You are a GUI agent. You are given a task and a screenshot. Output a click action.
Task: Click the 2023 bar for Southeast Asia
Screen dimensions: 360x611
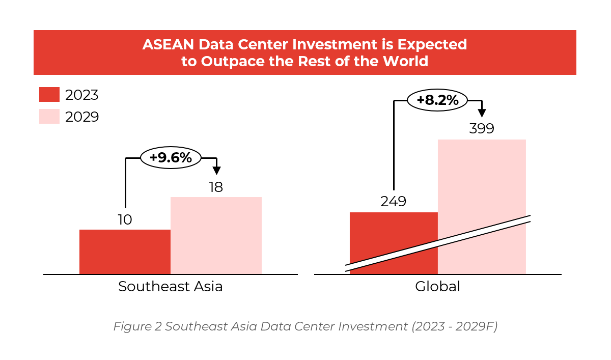tap(125, 252)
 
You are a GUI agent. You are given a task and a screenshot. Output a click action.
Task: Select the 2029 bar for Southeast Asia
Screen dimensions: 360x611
tap(216, 235)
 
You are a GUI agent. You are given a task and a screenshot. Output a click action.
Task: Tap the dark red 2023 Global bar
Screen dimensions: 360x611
tap(394, 229)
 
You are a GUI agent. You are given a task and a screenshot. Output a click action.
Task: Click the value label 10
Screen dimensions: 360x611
tap(125, 220)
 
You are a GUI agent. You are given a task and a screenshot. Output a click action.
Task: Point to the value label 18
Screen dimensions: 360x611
tap(216, 187)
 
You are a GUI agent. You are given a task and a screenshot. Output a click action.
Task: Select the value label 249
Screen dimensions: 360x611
tap(394, 202)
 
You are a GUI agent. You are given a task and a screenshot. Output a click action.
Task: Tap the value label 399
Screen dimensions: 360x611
tap(482, 129)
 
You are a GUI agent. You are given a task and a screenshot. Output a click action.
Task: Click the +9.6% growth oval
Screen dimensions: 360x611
tap(171, 158)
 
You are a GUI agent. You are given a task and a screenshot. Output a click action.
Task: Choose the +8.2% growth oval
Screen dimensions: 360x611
tap(437, 100)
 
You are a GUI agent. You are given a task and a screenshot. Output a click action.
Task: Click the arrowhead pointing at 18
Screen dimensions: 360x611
tap(216, 170)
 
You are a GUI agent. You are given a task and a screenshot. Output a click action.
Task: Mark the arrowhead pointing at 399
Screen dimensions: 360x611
tap(482, 113)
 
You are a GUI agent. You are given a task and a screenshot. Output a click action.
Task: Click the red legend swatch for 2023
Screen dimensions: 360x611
tap(49, 95)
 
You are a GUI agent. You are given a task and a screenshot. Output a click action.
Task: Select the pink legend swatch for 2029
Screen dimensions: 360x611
tap(49, 117)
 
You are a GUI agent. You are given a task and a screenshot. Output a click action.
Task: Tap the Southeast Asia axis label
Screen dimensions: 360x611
tap(171, 287)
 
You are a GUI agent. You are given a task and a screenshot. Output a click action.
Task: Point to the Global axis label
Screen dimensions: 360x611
tap(437, 287)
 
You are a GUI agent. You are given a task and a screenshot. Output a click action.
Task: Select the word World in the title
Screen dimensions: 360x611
tap(407, 62)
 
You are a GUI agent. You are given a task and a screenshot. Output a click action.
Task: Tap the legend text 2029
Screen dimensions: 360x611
tap(82, 117)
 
